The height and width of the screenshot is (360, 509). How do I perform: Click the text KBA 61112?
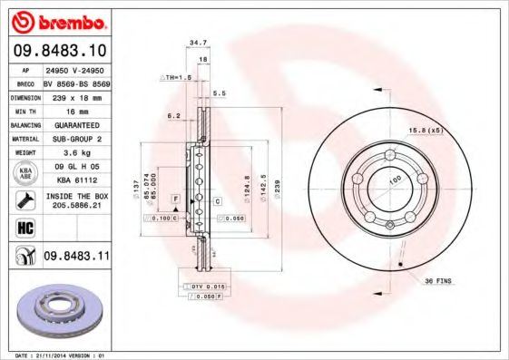76,180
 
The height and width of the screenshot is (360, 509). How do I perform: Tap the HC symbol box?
24,226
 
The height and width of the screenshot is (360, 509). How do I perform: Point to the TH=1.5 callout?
178,79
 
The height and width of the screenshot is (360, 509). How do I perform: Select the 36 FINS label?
440,281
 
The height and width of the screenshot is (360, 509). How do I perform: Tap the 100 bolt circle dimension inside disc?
396,182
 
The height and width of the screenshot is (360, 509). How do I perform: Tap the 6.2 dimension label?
174,116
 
